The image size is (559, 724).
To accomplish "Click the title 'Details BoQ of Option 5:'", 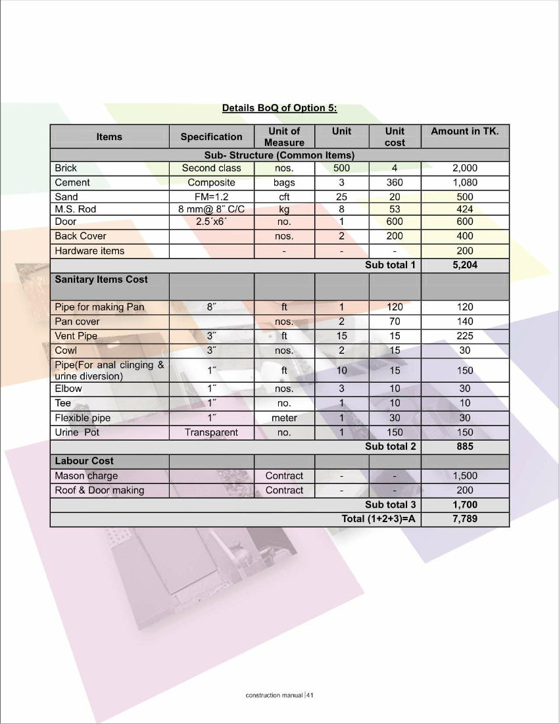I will [x=279, y=108].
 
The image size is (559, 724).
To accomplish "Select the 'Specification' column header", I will [x=211, y=137].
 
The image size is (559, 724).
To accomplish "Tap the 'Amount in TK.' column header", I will [x=465, y=132].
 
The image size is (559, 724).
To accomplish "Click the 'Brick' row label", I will [x=66, y=168].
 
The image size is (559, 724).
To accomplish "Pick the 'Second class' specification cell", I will [x=211, y=168].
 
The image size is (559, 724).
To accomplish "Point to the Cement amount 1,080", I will [x=465, y=183].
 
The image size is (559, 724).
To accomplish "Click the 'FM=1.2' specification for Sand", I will [x=211, y=197].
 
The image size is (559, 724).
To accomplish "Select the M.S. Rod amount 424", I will [x=465, y=210].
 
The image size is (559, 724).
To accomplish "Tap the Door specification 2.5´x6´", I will [x=211, y=222].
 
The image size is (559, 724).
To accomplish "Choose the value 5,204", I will [x=465, y=266].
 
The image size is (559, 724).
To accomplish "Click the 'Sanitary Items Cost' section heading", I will [x=101, y=279].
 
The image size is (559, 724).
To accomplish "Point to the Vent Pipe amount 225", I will [x=465, y=336].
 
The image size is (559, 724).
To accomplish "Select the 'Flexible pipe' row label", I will [x=83, y=418].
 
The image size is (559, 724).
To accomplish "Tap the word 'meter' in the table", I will [x=284, y=418].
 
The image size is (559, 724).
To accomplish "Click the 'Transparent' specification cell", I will [x=211, y=433].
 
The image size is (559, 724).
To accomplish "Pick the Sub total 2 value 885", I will [x=465, y=447].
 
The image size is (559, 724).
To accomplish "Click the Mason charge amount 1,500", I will [x=465, y=476].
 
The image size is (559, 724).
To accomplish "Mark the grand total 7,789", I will [x=465, y=519].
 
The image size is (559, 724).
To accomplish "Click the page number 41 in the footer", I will [x=310, y=695].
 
